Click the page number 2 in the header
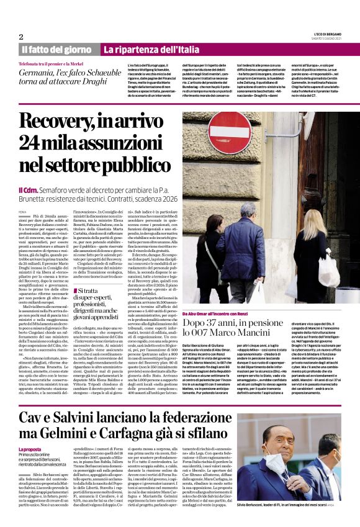[x=21, y=36]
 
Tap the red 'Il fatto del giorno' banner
[x=56, y=49]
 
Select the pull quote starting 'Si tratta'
[x=93, y=304]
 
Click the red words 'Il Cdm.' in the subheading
[x=28, y=189]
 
